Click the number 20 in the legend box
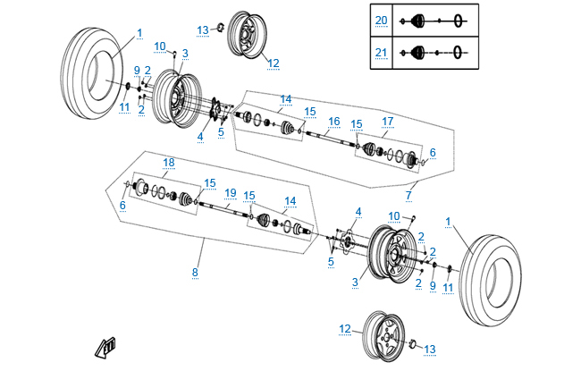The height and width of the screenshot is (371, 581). coord(382,20)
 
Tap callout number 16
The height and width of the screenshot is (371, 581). coord(333,121)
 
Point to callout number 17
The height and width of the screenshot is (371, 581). coord(387,121)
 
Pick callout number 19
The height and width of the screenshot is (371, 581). coord(230,192)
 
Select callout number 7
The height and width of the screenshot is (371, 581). coord(409,195)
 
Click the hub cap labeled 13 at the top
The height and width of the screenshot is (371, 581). coord(218,30)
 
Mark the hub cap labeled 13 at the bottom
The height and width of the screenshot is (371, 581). coord(414,344)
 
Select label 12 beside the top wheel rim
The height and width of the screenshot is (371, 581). coord(273,63)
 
